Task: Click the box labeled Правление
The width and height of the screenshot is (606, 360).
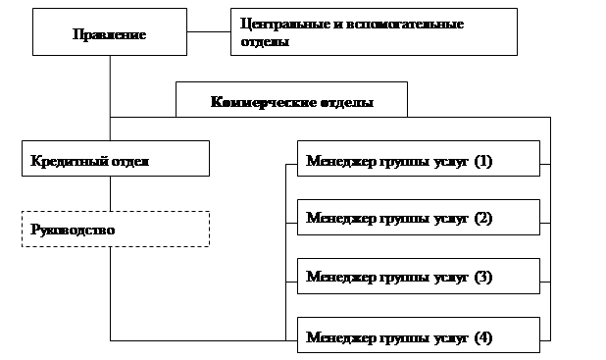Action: pyautogui.click(x=110, y=31)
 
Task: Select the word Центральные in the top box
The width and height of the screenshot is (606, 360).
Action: pyautogui.click(x=282, y=25)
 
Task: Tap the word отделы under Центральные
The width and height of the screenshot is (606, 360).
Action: pyautogui.click(x=265, y=41)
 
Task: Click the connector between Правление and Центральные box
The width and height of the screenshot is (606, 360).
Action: pyautogui.click(x=209, y=31)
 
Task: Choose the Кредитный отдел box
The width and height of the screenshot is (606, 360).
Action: pyautogui.click(x=116, y=159)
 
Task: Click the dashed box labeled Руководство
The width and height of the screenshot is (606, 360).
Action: pyautogui.click(x=116, y=229)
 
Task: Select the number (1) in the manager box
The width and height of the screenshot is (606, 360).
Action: pyautogui.click(x=483, y=161)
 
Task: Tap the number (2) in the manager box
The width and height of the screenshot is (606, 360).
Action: pyautogui.click(x=483, y=218)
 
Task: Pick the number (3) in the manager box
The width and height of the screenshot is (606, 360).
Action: pyautogui.click(x=483, y=277)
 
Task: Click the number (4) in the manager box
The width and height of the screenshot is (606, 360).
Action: pyautogui.click(x=483, y=337)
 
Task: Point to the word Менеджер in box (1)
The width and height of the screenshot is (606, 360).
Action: pyautogui.click(x=341, y=161)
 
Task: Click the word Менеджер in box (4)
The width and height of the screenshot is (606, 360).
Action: pyautogui.click(x=341, y=337)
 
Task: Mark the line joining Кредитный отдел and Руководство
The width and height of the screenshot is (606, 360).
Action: pyautogui.click(x=110, y=193)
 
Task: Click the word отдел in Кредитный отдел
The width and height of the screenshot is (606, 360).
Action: pyautogui.click(x=130, y=161)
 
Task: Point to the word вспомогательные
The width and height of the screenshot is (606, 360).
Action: pyautogui.click(x=405, y=25)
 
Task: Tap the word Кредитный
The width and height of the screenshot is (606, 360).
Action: pyautogui.click(x=70, y=161)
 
